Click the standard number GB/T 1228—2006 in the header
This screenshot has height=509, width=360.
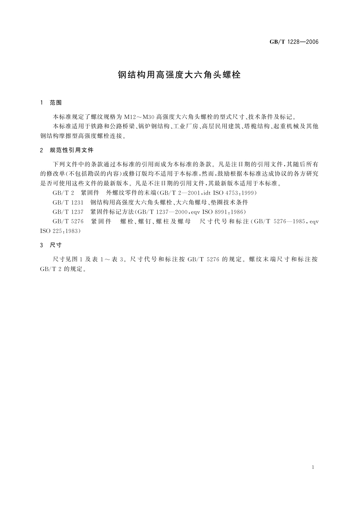point(294,42)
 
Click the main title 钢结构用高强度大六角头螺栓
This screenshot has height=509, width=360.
point(179,75)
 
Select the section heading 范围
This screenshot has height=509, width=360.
point(56,103)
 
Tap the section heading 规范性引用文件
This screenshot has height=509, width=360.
point(72,150)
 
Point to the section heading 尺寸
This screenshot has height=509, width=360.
point(56,245)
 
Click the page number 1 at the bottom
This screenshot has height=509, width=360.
point(313,467)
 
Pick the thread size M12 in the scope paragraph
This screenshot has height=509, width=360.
point(130,117)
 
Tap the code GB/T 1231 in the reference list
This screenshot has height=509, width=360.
point(68,202)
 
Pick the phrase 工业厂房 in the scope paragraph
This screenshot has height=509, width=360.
point(187,126)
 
